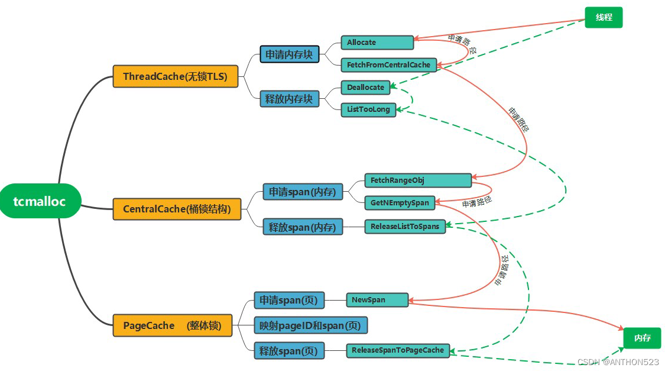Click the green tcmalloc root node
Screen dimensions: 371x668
tap(40, 201)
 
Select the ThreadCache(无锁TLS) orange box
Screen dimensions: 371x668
tap(175, 76)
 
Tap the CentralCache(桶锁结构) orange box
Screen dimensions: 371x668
tap(177, 209)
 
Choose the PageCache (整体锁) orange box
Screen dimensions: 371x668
tap(172, 325)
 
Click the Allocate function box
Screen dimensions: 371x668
tap(377, 43)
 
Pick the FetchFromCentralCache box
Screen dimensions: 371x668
tap(388, 64)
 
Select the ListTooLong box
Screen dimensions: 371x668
tap(368, 109)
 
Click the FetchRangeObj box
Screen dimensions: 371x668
tap(417, 180)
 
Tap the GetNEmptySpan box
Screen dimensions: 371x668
tap(399, 203)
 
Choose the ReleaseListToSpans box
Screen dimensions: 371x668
tap(405, 226)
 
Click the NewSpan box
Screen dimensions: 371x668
tap(377, 300)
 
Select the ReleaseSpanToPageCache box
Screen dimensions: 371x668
tap(397, 350)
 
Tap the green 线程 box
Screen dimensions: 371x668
tap(604, 18)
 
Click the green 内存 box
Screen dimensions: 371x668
tap(642, 338)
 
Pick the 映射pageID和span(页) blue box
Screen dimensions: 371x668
tap(310, 325)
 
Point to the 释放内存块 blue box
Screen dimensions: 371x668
tap(289, 99)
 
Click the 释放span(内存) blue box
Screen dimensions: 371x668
tap(302, 227)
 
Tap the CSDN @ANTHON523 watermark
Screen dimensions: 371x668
tap(618, 362)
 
